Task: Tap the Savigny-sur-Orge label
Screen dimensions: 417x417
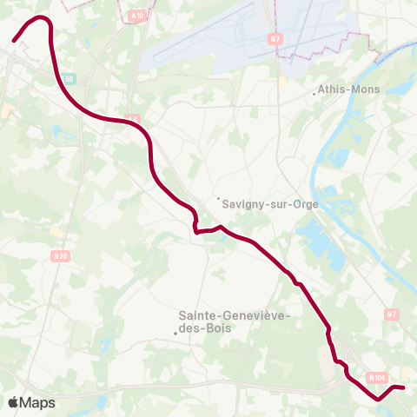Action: (x=270, y=205)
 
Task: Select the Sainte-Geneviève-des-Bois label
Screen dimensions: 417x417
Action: (x=234, y=316)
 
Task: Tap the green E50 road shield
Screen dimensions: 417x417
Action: (x=70, y=78)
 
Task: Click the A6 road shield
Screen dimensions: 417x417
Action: (x=132, y=118)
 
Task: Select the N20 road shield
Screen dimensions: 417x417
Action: (x=60, y=255)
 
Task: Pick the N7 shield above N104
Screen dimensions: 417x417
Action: (x=392, y=314)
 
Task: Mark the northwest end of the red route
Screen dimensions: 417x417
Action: (x=14, y=40)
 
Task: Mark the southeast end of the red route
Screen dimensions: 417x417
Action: (x=404, y=387)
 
